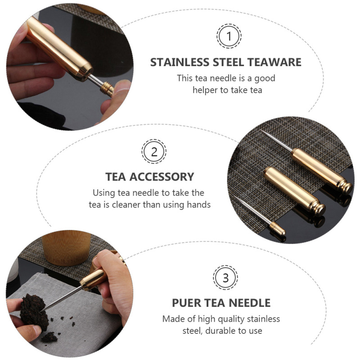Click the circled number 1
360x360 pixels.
[x=229, y=36]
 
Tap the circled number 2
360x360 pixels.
[x=154, y=152]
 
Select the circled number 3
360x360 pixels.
[x=225, y=278]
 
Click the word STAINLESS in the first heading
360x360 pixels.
[x=180, y=62]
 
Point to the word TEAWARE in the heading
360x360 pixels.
[x=274, y=62]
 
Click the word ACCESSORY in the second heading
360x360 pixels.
[x=162, y=177]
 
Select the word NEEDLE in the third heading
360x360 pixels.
[x=250, y=303]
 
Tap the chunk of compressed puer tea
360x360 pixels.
[x=34, y=309]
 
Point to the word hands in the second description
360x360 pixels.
[x=198, y=205]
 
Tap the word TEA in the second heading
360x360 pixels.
[x=116, y=177]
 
